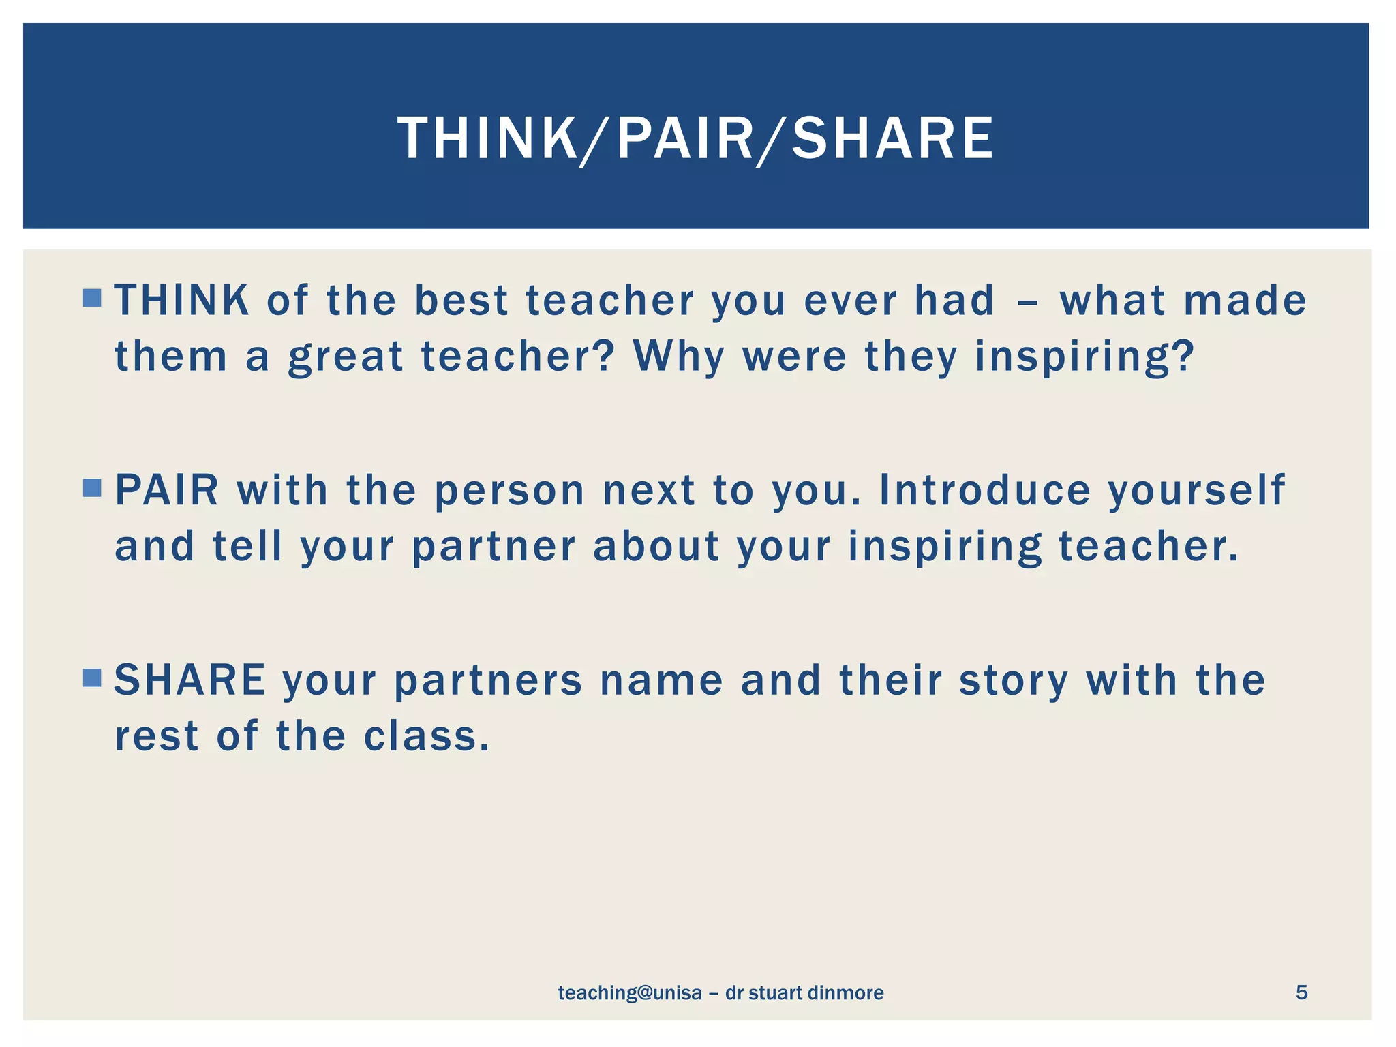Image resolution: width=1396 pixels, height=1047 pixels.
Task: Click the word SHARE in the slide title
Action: (892, 138)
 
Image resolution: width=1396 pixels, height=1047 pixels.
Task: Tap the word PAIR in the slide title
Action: (685, 138)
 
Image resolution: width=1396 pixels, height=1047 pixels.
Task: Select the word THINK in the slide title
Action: (487, 138)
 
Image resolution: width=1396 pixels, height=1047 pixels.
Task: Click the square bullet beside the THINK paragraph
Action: (92, 298)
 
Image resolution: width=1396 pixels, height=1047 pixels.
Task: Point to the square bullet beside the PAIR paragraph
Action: (92, 488)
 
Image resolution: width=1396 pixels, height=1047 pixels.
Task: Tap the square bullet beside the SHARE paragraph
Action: (92, 678)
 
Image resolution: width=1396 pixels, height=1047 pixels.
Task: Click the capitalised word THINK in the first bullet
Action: (181, 300)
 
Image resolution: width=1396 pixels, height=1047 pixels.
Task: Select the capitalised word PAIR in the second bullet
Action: (167, 490)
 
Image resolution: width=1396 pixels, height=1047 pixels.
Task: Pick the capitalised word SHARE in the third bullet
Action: (189, 680)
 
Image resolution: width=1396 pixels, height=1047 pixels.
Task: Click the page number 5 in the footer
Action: (1301, 992)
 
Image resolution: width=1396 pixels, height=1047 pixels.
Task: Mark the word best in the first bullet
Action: (461, 300)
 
